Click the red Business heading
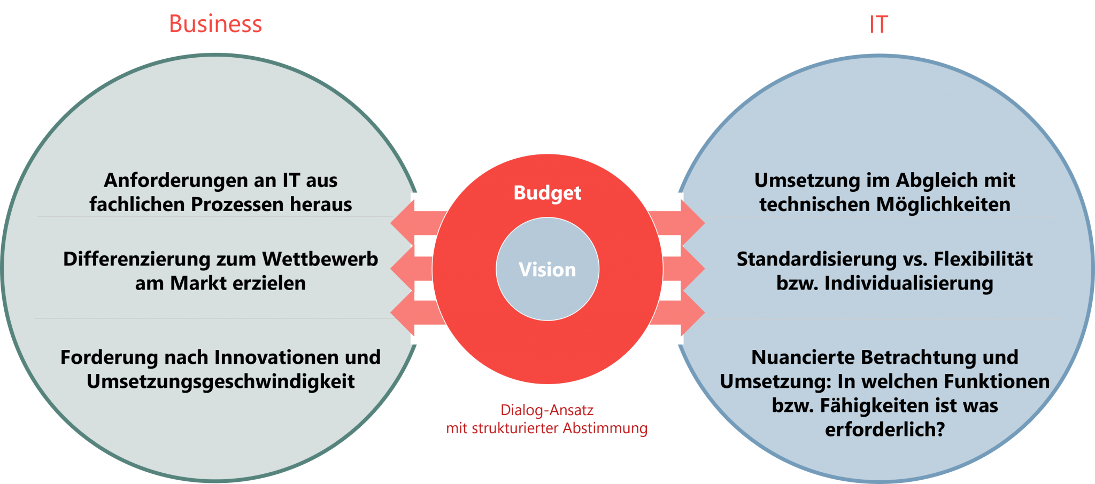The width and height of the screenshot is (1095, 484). pyautogui.click(x=215, y=24)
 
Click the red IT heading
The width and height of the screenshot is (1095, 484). pyautogui.click(x=878, y=25)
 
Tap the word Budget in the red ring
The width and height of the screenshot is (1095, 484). pyautogui.click(x=547, y=193)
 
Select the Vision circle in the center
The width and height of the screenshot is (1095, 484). pyautogui.click(x=547, y=269)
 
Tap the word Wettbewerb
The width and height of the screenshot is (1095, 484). pyautogui.click(x=320, y=259)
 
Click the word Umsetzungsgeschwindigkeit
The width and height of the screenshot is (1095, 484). pyautogui.click(x=220, y=381)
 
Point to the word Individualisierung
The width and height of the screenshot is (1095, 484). pyautogui.click(x=908, y=283)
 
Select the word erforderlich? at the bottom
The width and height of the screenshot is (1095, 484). pyautogui.click(x=885, y=430)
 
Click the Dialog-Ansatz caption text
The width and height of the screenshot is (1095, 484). pyautogui.click(x=547, y=410)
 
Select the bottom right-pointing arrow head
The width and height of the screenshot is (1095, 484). pyautogui.click(x=693, y=313)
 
